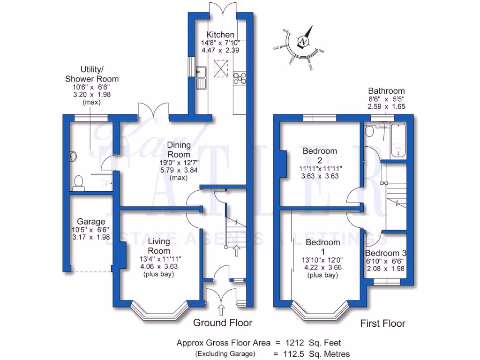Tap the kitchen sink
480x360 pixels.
(202, 77)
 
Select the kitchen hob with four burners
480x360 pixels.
(240, 78)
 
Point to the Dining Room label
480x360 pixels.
(179, 150)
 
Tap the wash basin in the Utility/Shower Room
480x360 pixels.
(74, 156)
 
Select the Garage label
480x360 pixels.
(91, 222)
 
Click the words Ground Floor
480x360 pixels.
(223, 322)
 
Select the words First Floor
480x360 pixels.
(382, 323)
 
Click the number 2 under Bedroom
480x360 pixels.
(320, 159)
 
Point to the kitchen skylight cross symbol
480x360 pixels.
(220, 67)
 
